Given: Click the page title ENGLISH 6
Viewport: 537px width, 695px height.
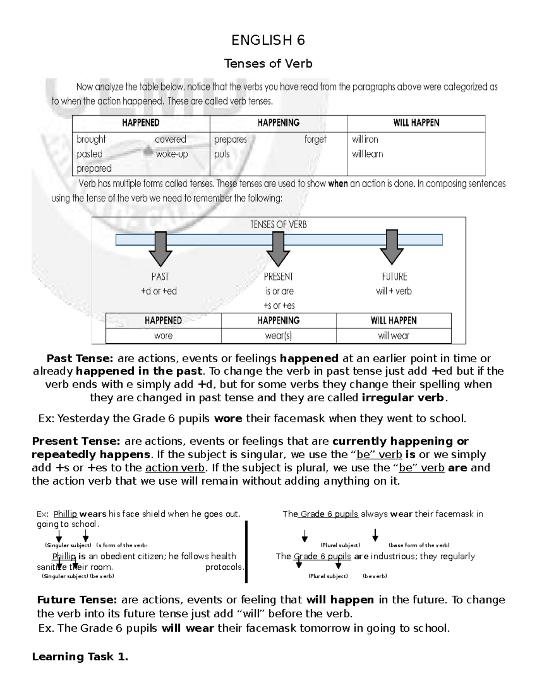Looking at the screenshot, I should coord(268,40).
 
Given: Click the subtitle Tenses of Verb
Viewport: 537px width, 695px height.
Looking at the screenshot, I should coord(268,64).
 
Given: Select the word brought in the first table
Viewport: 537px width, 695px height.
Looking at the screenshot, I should coord(91,139).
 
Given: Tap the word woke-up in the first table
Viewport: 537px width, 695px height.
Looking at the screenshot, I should coord(171,154).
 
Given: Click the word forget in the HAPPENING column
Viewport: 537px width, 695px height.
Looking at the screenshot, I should coord(315,139).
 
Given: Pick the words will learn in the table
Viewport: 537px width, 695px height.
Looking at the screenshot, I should coord(367,154).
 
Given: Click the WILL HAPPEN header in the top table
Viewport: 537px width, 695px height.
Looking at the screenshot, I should coord(416,123).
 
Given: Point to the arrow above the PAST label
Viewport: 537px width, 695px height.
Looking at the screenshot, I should coord(160,249).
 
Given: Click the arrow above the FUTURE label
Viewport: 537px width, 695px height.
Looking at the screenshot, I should coord(392,247).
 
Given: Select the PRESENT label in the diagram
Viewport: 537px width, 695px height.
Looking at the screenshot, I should coord(278,277).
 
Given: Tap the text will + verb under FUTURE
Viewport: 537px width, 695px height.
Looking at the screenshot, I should coord(394,291).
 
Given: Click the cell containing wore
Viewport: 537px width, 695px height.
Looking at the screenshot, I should coord(163,336).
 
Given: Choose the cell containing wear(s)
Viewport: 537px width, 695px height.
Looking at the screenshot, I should coord(278,336).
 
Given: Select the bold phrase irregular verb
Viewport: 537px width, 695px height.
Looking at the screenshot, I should coord(403,397).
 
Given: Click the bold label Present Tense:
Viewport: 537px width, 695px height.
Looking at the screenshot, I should coord(76,441).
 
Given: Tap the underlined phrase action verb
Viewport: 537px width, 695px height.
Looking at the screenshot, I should coord(175,468).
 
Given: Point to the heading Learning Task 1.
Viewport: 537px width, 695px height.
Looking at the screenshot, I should coord(80,657).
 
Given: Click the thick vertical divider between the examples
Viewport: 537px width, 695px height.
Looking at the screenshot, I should coord(246,551).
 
